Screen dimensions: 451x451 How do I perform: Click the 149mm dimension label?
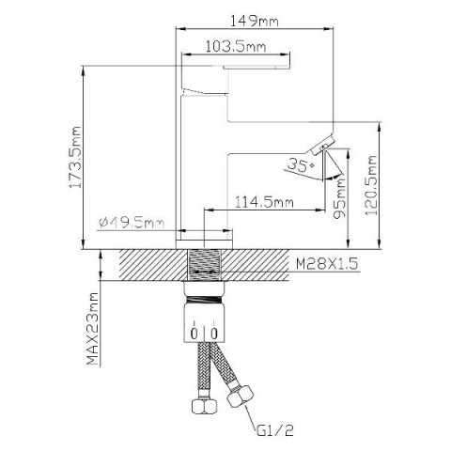pos(254,22)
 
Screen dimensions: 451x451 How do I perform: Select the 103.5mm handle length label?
pos(236,47)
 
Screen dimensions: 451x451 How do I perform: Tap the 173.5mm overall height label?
pos(75,157)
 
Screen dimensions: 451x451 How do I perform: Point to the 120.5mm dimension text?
pos(371,185)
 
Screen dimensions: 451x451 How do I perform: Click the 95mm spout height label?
pos(339,198)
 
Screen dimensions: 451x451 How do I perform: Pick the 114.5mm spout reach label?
pos(264,202)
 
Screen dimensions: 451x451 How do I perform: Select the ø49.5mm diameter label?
pos(132,223)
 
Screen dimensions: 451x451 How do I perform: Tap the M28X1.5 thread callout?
pos(327,264)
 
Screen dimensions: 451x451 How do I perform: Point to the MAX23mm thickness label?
pos(93,329)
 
